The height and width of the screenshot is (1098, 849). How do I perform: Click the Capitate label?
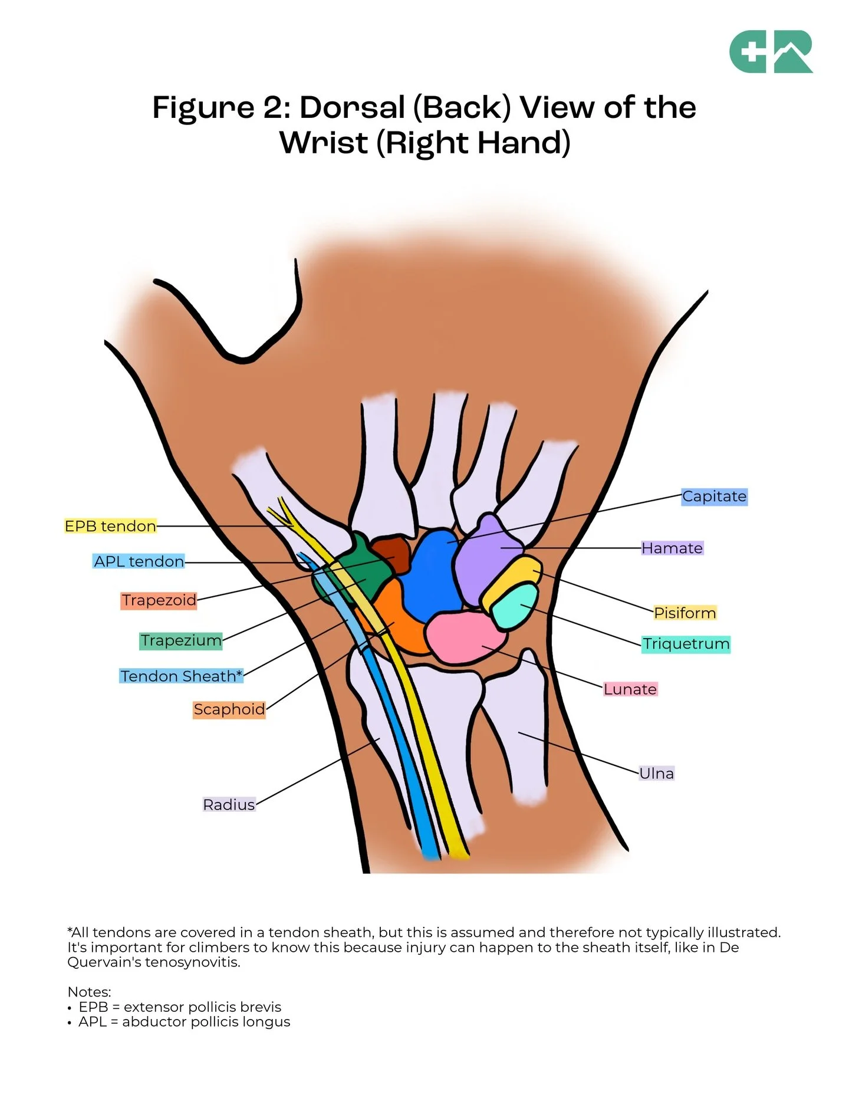pos(714,497)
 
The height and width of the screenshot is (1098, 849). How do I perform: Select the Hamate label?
pos(672,548)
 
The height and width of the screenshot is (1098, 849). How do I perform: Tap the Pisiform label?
pos(685,613)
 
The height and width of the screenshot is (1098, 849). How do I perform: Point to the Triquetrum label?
pos(686,644)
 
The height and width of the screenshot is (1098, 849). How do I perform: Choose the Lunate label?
pos(630,689)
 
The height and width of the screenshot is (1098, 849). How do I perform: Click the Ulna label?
pos(656,773)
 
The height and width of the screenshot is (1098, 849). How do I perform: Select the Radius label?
pos(229,804)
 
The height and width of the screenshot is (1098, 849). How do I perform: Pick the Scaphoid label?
pos(229,709)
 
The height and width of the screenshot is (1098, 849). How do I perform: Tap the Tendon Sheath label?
pos(181,676)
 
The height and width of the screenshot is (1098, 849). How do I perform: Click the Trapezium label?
pos(181,640)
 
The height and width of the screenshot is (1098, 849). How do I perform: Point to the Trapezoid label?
pos(159,600)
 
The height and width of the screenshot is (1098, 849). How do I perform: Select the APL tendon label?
pos(139,561)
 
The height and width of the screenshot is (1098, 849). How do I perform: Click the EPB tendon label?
pos(110,526)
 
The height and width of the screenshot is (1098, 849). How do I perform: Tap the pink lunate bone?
pos(463,636)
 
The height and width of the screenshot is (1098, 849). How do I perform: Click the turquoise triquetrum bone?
pos(514,606)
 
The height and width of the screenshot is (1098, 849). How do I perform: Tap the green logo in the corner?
pos(771,52)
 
